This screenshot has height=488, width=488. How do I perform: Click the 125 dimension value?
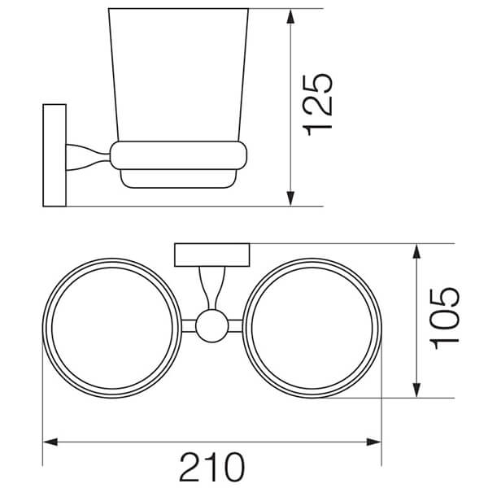click(317, 105)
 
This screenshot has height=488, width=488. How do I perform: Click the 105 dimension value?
click(444, 319)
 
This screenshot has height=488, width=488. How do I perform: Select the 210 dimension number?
click(212, 467)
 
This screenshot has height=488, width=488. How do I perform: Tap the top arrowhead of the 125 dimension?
click(290, 16)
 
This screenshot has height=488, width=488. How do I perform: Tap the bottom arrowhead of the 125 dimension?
click(290, 198)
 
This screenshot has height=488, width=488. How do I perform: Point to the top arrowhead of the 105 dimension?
click(416, 251)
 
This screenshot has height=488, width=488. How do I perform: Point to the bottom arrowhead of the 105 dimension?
click(416, 390)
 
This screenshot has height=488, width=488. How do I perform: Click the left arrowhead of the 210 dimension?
click(50, 442)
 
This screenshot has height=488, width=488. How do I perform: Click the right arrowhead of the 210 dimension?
click(374, 442)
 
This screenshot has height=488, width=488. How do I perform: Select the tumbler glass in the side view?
click(178, 75)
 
